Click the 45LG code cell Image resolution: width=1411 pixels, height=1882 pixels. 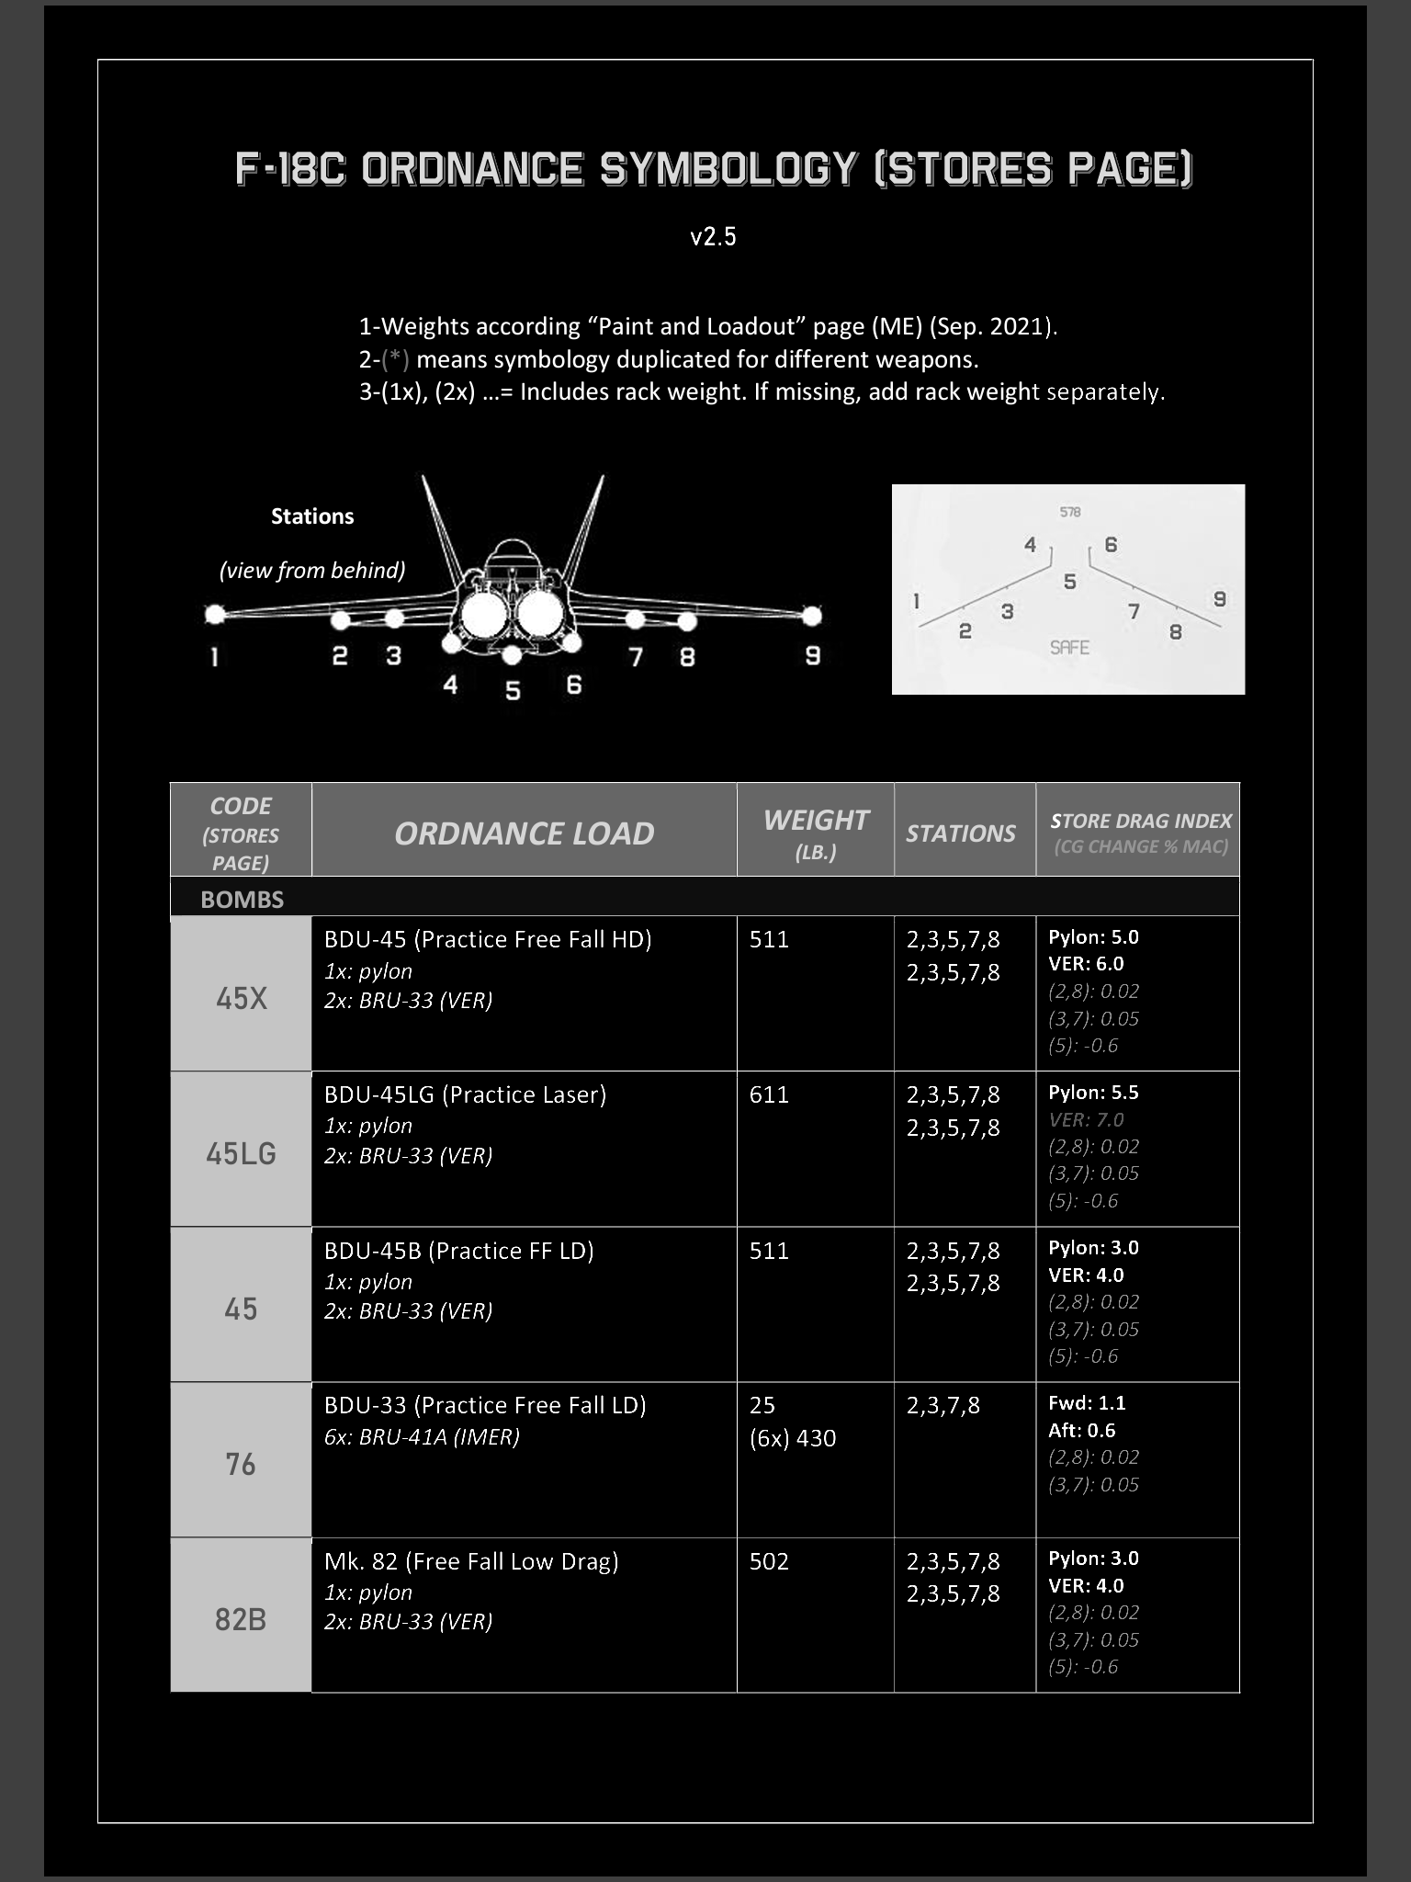[x=241, y=1153]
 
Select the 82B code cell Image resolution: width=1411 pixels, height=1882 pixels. [x=241, y=1619]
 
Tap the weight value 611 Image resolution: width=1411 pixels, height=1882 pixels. [x=769, y=1094]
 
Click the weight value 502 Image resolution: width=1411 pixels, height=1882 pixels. [x=769, y=1561]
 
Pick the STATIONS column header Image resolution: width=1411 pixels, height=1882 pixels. [x=961, y=833]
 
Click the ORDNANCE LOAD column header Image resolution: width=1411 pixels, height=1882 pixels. [x=524, y=833]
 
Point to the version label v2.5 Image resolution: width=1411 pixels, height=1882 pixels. [x=713, y=236]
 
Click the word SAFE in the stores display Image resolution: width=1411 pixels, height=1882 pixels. [x=1069, y=648]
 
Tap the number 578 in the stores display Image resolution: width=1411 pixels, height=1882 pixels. [x=1070, y=512]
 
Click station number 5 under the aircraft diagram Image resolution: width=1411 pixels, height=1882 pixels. [x=513, y=690]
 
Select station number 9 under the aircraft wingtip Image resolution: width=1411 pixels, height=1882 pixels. [x=812, y=656]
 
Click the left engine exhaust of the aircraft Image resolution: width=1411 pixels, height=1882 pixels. [x=483, y=615]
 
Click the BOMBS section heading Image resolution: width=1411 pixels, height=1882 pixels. [x=243, y=900]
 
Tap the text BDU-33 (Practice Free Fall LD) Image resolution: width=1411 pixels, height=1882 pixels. [x=485, y=1405]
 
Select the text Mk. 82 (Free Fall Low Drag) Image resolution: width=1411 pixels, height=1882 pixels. [x=471, y=1561]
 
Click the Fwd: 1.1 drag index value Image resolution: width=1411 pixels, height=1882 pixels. [x=1087, y=1403]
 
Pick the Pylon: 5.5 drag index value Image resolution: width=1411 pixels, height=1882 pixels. [x=1093, y=1093]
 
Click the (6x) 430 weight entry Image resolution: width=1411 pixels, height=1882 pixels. [x=793, y=1438]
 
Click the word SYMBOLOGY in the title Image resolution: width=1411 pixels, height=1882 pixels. [x=728, y=169]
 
